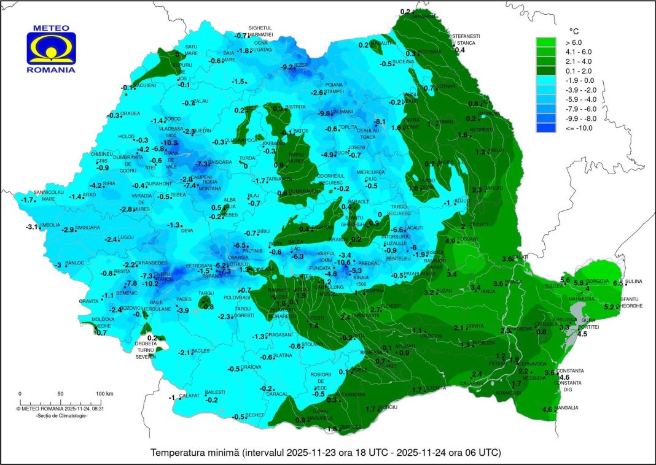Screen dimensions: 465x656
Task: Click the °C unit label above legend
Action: coord(574,30)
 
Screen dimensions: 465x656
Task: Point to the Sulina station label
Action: coord(633,282)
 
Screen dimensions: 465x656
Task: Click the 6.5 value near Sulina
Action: coord(617,283)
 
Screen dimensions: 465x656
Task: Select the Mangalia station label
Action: coord(566,407)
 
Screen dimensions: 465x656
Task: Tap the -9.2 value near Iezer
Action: coord(286,67)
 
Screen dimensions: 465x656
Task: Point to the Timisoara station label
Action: coord(88,228)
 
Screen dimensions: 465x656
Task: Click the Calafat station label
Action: coord(190,396)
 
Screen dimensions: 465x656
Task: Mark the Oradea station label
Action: coord(130,113)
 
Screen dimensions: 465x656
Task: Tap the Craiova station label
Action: coord(251,367)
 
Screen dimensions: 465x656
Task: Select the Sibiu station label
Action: coord(263,232)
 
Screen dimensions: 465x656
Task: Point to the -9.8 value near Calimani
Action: coord(324,113)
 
